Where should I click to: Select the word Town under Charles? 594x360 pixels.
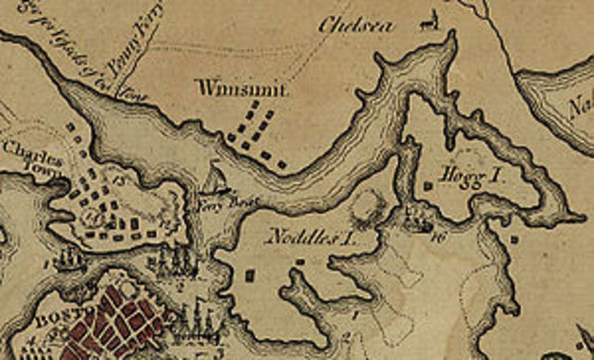[45, 165]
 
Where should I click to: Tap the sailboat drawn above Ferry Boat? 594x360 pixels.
[214, 179]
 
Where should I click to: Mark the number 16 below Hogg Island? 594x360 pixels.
[437, 235]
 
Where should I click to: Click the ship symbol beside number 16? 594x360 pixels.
[420, 220]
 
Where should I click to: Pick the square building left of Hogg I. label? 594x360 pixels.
[428, 186]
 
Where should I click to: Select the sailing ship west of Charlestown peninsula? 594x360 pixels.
[67, 259]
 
